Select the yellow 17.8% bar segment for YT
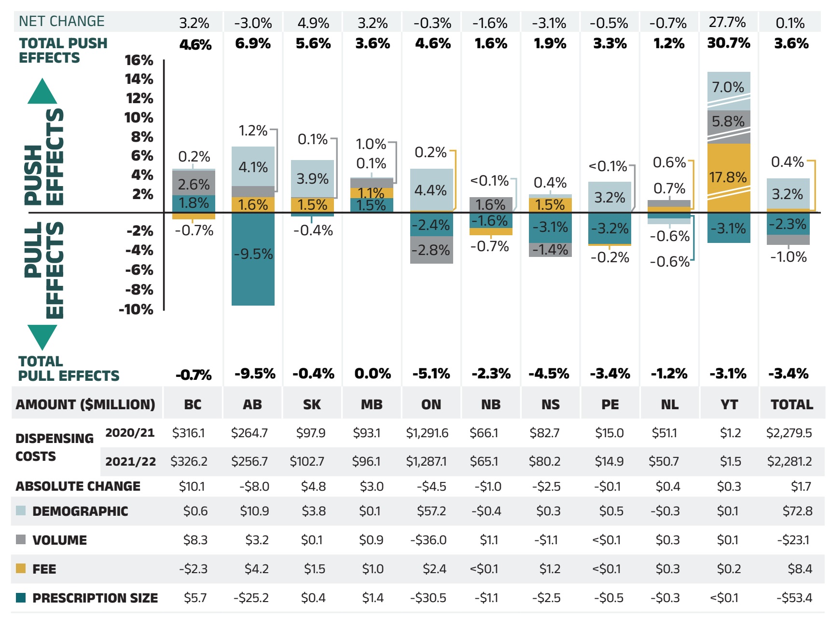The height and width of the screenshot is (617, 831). tap(729, 177)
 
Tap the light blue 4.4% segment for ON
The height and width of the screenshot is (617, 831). tap(431, 189)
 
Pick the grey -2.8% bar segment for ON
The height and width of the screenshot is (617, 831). tap(431, 250)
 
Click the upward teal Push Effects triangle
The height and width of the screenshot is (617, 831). tap(42, 92)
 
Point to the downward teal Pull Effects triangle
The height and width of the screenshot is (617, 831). tap(42, 336)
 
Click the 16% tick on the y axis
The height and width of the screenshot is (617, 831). tap(139, 60)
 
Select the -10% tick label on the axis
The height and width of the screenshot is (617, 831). tap(136, 309)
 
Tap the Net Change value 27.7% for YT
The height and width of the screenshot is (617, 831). tap(727, 22)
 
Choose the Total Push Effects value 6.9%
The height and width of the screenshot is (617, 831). tap(253, 44)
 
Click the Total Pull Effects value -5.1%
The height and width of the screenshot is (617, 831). tap(431, 374)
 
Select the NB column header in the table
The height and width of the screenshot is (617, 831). tap(491, 404)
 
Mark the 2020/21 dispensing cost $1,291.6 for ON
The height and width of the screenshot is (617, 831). tap(427, 433)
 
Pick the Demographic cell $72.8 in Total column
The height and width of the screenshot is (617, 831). tap(797, 511)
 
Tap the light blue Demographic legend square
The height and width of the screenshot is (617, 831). tap(21, 510)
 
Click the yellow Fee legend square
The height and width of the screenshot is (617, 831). tap(21, 568)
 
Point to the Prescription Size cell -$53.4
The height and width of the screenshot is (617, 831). tap(794, 598)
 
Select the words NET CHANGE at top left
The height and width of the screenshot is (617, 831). tap(62, 21)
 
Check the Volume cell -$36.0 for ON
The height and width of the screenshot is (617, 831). tap(429, 540)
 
